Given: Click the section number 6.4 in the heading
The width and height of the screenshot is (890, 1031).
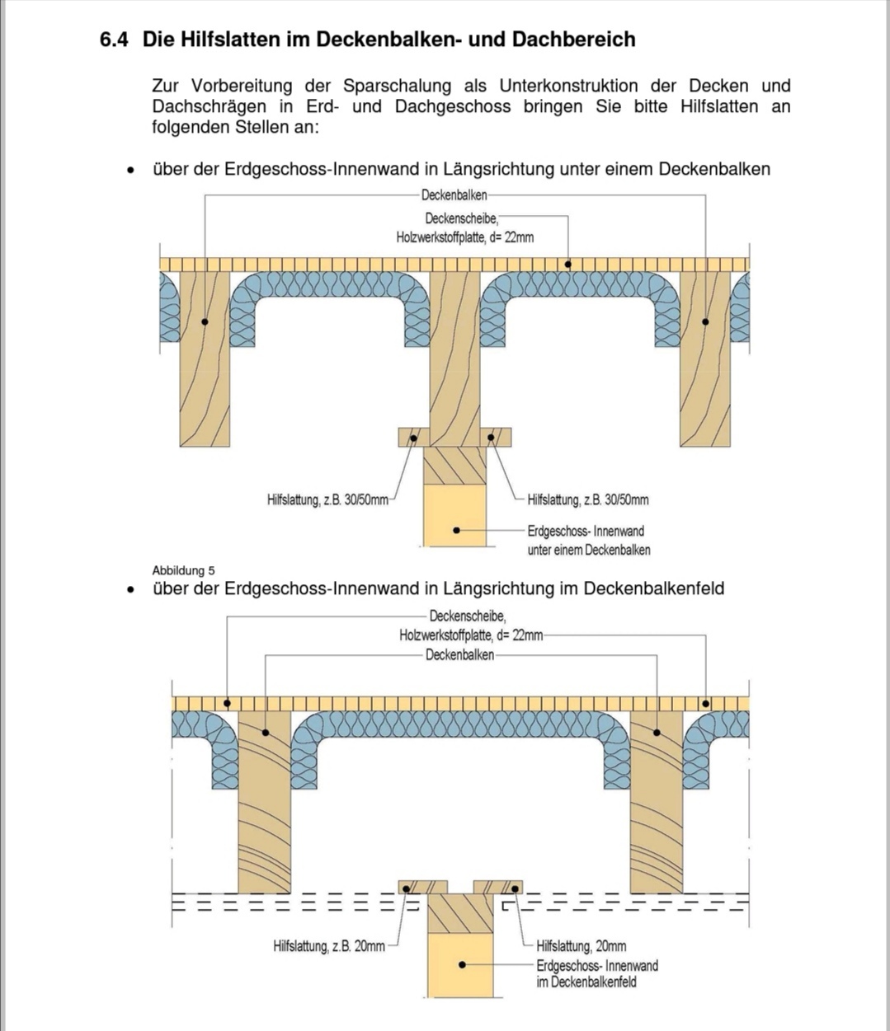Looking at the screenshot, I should point(114,40).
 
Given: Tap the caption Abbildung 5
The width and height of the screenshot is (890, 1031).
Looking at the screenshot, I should point(183,570).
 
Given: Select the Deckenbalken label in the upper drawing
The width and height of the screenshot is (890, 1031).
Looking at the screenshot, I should point(454,195).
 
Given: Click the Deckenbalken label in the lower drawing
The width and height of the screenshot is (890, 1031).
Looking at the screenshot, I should point(459,655).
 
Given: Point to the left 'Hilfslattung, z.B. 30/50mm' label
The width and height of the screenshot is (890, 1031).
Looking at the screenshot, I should point(327,499).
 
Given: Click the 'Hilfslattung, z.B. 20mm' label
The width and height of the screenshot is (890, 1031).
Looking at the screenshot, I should point(328,946).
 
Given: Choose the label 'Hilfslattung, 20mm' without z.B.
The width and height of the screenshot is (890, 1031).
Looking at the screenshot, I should point(581,946).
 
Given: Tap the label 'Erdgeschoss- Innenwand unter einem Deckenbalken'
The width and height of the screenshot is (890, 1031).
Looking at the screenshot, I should point(588,541).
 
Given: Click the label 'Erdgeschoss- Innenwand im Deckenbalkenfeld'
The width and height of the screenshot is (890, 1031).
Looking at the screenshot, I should point(596,973).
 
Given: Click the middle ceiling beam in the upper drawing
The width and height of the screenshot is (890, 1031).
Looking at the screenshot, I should point(454,354).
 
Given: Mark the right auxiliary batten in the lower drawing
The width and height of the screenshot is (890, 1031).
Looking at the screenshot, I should point(498,887).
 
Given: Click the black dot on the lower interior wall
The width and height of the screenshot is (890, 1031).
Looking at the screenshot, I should point(463,963).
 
